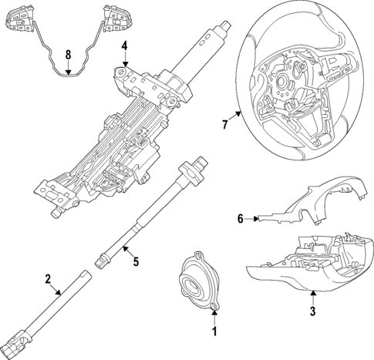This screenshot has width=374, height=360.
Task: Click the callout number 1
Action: pos(214,331)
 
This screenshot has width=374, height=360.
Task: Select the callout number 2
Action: pos(48,279)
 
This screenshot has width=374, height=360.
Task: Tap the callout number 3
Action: pos(312,311)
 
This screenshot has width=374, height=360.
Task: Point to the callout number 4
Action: pos(124,46)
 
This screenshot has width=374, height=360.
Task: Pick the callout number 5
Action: pos(136,261)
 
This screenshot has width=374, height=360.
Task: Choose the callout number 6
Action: pos(240,219)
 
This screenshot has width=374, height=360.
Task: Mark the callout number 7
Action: pos(225,125)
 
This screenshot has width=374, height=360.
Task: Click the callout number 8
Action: pos(68,55)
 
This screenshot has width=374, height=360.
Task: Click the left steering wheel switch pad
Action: pos(20,19)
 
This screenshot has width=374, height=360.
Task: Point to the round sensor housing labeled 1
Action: pos(200,280)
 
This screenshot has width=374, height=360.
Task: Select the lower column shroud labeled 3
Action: pos(309,264)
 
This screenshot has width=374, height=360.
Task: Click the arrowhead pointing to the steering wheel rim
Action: pos(238,113)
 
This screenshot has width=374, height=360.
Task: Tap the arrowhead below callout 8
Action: pos(68,72)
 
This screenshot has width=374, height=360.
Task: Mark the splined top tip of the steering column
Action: pos(227,25)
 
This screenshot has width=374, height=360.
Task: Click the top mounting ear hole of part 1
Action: pos(198,255)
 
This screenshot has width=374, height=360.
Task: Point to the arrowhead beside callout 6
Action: pos(256,219)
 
